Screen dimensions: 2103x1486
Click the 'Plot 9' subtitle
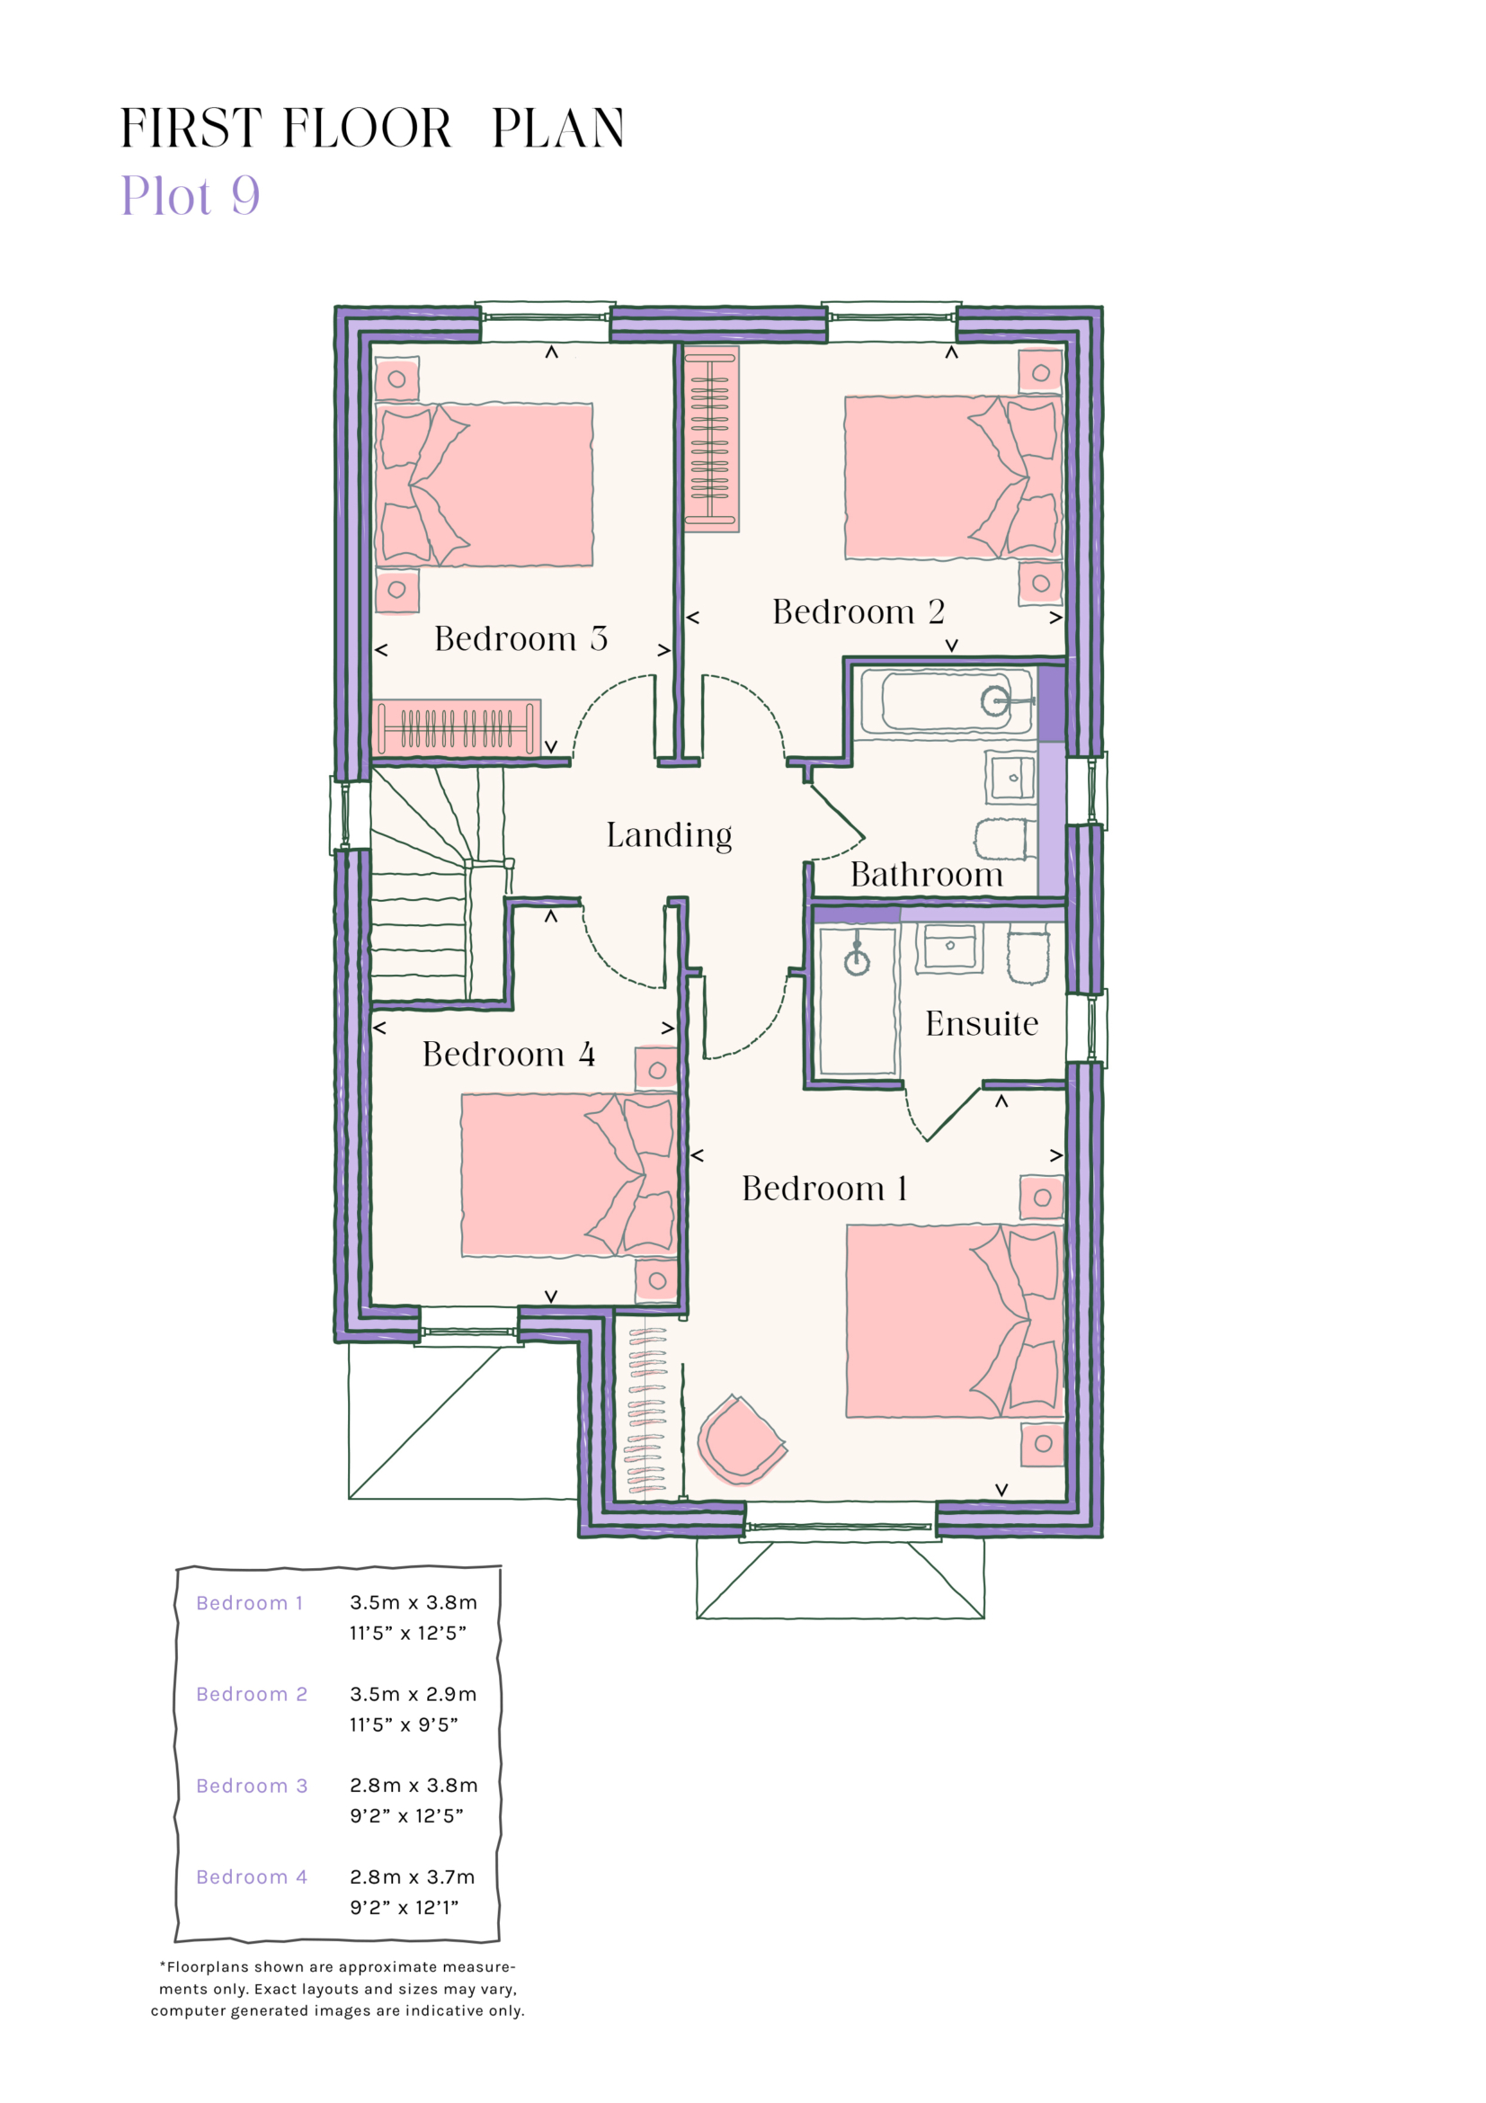pyautogui.click(x=191, y=195)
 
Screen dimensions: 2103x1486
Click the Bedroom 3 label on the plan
pyautogui.click(x=520, y=638)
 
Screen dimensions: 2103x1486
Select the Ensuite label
pyautogui.click(x=981, y=1023)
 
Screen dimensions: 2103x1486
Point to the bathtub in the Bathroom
pyautogui.click(x=946, y=701)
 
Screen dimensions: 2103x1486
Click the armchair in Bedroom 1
pyautogui.click(x=740, y=1439)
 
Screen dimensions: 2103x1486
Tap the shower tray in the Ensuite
pyautogui.click(x=857, y=1000)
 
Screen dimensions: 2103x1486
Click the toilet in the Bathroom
pyautogui.click(x=1000, y=838)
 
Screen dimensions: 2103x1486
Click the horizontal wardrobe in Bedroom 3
pyautogui.click(x=456, y=728)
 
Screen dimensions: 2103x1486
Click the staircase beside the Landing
pyautogui.click(x=431, y=888)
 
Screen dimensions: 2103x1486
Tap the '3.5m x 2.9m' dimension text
pyautogui.click(x=413, y=1694)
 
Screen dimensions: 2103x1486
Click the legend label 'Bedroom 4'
pyautogui.click(x=252, y=1876)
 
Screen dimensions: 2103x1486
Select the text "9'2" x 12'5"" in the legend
pyautogui.click(x=406, y=1815)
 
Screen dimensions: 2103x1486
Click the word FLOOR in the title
pyautogui.click(x=367, y=129)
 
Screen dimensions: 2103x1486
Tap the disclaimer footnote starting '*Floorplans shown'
pyautogui.click(x=337, y=1989)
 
